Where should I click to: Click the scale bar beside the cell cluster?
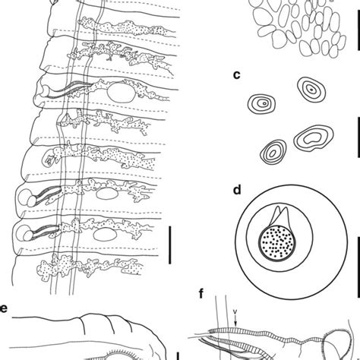pos(356,36)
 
